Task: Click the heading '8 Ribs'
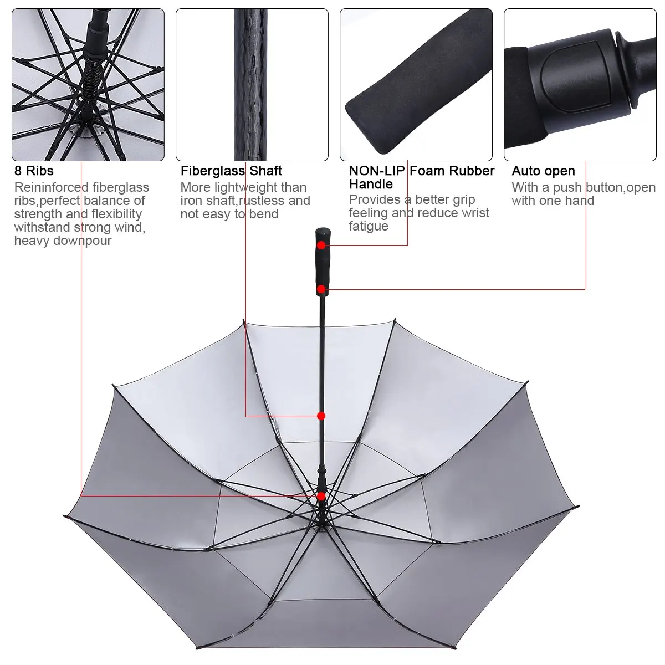click(34, 171)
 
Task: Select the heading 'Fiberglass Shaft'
click(231, 171)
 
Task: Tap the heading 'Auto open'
click(543, 171)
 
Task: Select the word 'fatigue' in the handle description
click(369, 226)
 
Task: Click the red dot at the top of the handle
click(321, 244)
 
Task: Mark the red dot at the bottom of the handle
click(321, 289)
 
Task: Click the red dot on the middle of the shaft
click(321, 416)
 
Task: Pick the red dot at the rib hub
click(321, 496)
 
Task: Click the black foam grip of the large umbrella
click(321, 266)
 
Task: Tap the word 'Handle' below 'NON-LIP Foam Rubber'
click(371, 184)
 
